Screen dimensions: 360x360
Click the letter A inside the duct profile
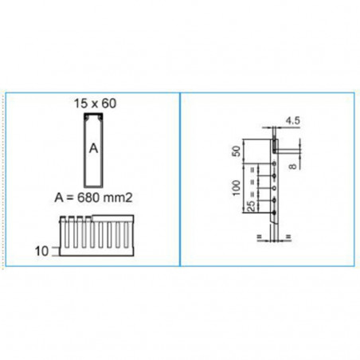coord(93,147)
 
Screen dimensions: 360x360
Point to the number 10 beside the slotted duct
coord(42,249)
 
